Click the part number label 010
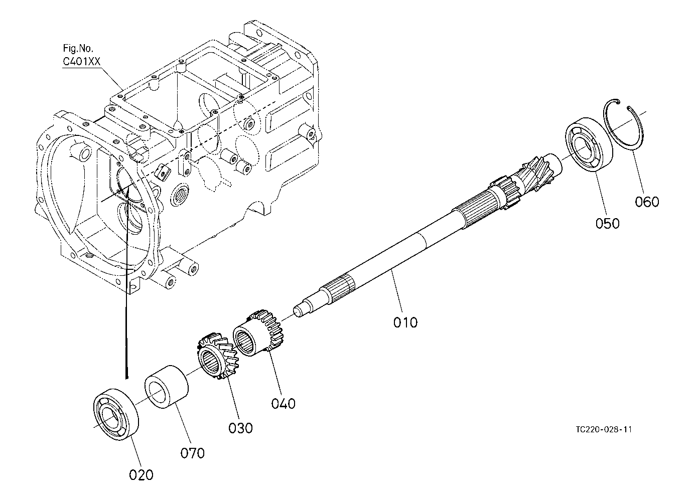pos(405,322)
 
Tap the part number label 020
pos(141,475)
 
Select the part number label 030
pos(241,428)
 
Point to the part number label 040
pos(284,404)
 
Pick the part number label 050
pos(608,223)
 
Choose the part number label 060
pos(647,202)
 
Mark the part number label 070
pos(193,453)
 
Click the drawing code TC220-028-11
pos(604,429)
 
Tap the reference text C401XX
pos(82,62)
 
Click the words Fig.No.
pos(78,48)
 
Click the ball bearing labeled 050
pos(589,144)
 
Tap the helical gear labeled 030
pos(218,356)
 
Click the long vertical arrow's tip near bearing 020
pos(126,379)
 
